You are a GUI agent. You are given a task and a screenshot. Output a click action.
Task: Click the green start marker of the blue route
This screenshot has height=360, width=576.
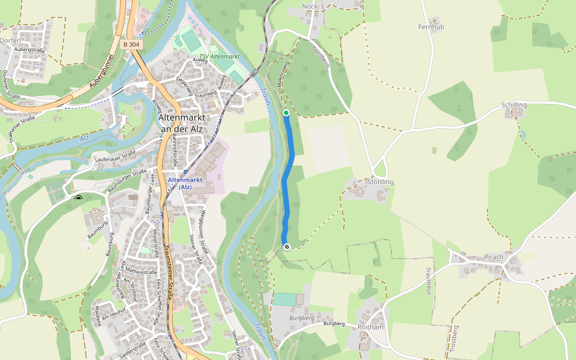point(286,113)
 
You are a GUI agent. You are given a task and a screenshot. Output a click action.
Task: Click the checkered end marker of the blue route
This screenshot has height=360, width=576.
point(286,246)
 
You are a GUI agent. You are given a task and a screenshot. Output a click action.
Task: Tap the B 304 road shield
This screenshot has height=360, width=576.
point(131,44)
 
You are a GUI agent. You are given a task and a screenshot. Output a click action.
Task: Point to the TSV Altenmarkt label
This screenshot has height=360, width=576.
point(219,56)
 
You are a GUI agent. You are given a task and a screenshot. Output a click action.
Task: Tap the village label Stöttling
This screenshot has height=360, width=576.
point(379,182)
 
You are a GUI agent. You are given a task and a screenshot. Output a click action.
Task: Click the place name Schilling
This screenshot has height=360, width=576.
point(514,105)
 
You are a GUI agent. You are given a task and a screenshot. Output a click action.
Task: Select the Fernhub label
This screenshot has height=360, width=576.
point(431,27)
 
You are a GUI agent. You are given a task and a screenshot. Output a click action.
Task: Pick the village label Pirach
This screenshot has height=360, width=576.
point(494,257)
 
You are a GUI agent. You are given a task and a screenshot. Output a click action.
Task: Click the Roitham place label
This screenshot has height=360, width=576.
point(370,328)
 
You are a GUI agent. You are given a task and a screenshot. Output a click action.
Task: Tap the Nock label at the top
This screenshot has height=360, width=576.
point(310,7)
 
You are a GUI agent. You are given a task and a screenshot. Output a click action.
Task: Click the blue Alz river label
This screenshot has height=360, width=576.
point(84,139)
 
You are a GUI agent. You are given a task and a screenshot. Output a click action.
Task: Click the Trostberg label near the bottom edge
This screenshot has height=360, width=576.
point(454,339)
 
